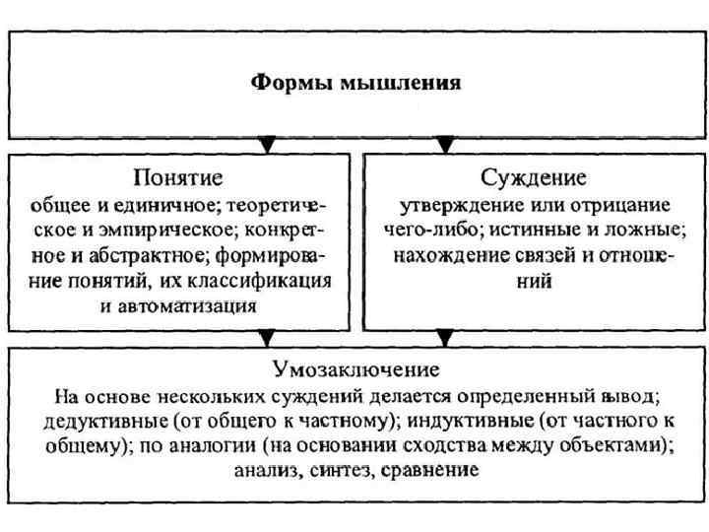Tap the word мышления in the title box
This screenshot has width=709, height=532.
(x=399, y=84)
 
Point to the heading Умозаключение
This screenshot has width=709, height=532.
(x=355, y=370)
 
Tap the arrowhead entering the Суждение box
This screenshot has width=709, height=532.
(x=445, y=146)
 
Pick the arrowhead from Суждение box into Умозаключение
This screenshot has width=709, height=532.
(x=445, y=338)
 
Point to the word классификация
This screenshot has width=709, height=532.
(x=272, y=281)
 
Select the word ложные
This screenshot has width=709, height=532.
(x=645, y=231)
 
